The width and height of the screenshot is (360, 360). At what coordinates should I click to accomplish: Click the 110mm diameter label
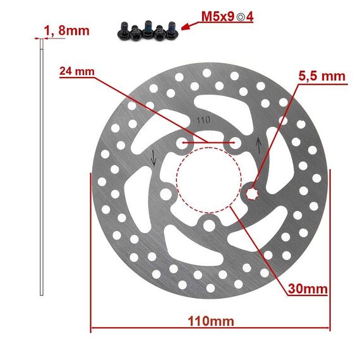[211, 321]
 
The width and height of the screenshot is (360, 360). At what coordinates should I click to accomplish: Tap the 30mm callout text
[308, 289]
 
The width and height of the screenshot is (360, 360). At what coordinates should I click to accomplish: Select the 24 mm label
[77, 71]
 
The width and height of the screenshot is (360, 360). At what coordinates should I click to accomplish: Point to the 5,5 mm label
[322, 76]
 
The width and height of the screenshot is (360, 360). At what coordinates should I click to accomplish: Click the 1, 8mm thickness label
[66, 31]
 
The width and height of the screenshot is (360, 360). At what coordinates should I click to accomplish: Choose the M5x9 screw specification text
[218, 16]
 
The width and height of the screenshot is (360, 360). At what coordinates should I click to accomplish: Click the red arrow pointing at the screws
[189, 26]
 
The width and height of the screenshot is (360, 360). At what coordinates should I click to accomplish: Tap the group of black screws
[148, 30]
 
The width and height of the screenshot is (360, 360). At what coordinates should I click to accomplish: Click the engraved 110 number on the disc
[203, 120]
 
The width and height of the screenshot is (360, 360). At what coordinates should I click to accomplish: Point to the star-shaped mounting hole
[252, 195]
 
